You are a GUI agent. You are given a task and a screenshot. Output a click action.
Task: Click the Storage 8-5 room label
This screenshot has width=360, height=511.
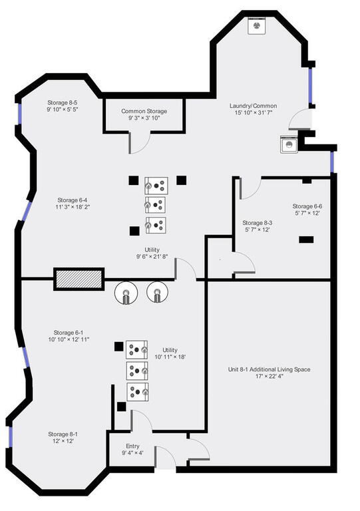63,102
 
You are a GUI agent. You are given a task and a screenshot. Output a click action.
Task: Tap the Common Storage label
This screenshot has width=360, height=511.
144,111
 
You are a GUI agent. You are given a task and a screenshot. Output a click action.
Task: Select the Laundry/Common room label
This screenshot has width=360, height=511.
253,106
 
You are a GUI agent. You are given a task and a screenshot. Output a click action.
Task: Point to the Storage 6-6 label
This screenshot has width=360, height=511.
307,206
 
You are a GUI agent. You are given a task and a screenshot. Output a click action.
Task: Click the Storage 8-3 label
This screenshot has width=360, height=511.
258,223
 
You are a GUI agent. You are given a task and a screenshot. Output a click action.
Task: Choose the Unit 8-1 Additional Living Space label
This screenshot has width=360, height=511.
269,369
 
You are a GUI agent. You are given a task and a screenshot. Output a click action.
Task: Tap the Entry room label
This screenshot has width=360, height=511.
132,446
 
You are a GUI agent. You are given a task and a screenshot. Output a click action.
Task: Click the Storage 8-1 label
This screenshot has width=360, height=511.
63,434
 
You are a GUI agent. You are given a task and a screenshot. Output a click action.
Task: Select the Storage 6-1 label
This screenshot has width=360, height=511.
69,333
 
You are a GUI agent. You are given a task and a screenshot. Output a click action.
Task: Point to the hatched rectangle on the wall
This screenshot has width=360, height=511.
79,279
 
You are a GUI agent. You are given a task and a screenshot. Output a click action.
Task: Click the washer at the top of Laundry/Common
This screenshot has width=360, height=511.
258,26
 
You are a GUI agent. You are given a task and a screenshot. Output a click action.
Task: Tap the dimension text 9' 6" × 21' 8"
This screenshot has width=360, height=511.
152,257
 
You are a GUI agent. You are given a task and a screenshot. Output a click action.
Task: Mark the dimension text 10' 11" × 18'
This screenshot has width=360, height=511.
170,357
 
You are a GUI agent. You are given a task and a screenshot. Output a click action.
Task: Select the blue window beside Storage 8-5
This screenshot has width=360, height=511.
19,114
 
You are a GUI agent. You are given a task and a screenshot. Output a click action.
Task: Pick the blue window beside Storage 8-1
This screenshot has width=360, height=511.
11,437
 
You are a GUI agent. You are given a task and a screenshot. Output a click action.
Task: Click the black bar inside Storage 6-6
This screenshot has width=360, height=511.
306,240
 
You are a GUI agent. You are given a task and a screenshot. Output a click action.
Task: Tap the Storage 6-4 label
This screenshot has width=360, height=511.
73,200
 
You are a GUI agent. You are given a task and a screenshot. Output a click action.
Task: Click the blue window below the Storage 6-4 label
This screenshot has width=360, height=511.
27,212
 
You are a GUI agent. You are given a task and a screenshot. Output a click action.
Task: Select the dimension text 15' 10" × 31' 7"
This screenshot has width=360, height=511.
253,112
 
